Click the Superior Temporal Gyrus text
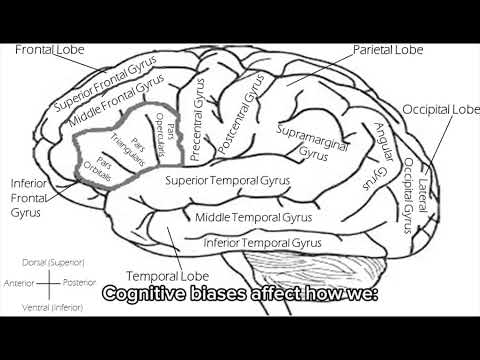tap(228, 181)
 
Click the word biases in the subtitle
tap(224, 297)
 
